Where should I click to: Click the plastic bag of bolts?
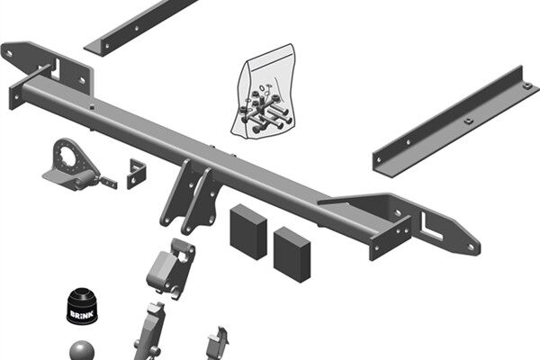[264, 93]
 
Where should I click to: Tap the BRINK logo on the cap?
[82, 314]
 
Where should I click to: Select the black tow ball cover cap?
[82, 306]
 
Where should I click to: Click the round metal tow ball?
[82, 351]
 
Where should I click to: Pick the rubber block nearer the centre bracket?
[248, 231]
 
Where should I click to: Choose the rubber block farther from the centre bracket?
[292, 255]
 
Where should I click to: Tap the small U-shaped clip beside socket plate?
[137, 174]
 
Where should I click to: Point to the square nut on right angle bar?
[468, 121]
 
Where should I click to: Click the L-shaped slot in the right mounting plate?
[430, 228]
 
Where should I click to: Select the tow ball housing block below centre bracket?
[171, 269]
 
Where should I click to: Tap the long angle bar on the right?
[454, 122]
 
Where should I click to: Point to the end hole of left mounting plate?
[9, 54]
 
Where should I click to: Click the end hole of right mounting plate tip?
[471, 247]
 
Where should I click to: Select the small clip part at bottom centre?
[218, 343]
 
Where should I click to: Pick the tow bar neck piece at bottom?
[149, 332]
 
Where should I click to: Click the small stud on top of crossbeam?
[92, 107]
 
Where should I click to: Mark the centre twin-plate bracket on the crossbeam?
[189, 198]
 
